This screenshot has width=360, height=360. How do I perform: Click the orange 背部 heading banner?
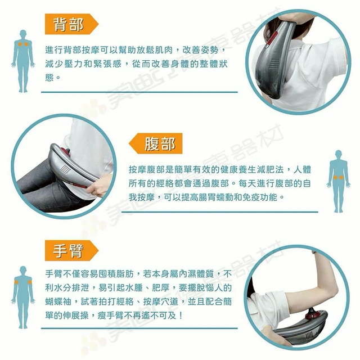[x=71, y=24]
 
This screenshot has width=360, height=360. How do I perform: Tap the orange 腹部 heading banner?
[x=156, y=143]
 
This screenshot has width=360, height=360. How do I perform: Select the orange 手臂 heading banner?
[x=71, y=250]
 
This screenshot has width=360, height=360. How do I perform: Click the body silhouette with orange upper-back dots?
[x=23, y=61]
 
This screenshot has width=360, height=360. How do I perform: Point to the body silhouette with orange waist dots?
[x=339, y=181]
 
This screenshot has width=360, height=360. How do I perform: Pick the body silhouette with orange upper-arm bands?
[x=23, y=298]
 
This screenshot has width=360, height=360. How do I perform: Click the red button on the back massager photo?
[x=273, y=38]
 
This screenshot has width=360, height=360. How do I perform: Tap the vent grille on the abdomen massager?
[x=65, y=170]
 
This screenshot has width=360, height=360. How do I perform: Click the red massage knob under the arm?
[x=313, y=313]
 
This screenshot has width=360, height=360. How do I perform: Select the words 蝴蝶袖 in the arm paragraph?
[x=58, y=301]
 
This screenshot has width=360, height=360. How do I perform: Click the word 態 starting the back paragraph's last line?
[x=49, y=77]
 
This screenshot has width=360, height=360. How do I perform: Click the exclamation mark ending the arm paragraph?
[x=181, y=316]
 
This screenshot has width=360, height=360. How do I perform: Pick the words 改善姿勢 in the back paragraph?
[x=200, y=49]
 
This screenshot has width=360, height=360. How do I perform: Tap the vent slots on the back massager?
[x=274, y=64]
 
